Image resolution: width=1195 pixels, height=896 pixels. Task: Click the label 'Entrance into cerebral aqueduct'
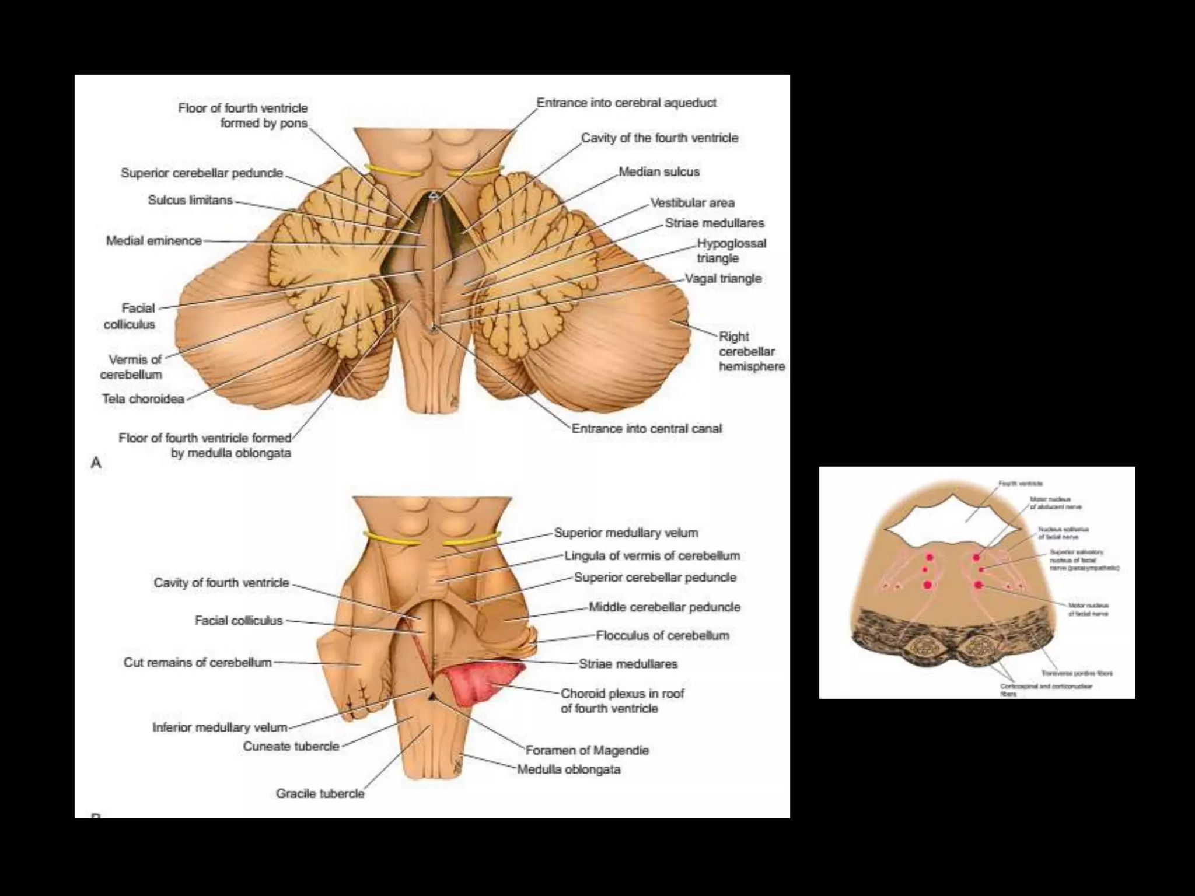[x=626, y=103]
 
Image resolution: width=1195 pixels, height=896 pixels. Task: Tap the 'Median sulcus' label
[x=659, y=171]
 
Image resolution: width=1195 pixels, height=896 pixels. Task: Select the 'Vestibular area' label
[x=692, y=203]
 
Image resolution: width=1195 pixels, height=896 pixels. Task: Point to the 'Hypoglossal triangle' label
[x=731, y=251]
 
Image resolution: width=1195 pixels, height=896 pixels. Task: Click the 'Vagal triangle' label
[x=723, y=279]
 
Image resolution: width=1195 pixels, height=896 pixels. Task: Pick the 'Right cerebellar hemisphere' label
[x=751, y=352]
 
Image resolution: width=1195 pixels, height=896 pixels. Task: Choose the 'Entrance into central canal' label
[x=647, y=429]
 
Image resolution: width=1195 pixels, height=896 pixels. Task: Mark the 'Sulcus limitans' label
[x=190, y=200]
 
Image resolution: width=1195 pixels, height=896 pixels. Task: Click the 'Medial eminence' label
[x=154, y=240]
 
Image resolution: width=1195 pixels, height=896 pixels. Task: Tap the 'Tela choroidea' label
[x=144, y=400]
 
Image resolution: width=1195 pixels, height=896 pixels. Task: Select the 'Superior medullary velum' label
[x=626, y=533]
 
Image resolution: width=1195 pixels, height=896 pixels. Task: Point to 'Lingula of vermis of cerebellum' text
[x=652, y=556]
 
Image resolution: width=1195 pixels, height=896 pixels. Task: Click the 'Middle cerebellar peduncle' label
[x=664, y=607]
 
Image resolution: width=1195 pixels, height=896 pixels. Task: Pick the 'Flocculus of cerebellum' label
[x=662, y=635]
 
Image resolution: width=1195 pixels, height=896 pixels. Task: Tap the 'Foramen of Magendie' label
[x=587, y=750]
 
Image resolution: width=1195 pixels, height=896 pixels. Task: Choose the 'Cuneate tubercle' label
[x=291, y=746]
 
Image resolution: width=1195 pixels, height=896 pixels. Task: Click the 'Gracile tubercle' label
[x=320, y=793]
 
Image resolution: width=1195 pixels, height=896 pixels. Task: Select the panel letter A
[x=96, y=463]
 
